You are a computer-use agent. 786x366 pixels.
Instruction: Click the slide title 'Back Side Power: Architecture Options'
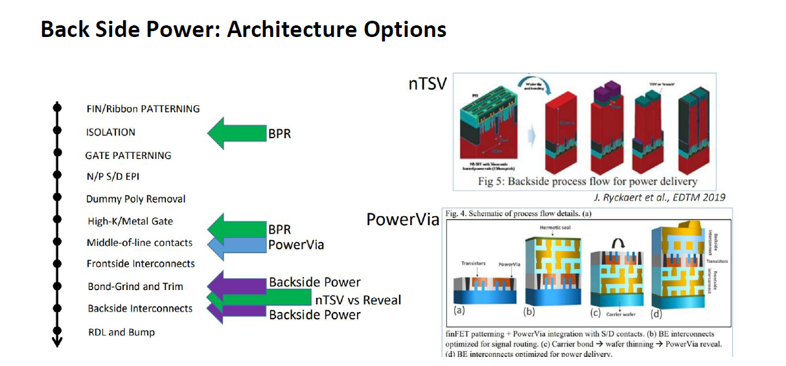click(x=243, y=30)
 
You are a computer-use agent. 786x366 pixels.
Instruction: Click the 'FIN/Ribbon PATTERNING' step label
click(x=143, y=109)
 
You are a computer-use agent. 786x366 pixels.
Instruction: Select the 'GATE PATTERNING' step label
click(x=128, y=156)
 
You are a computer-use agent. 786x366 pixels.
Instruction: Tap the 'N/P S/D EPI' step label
click(x=113, y=177)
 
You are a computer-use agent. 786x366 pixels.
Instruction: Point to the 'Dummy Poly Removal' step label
click(x=135, y=199)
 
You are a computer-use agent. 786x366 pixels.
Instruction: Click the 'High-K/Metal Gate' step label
click(x=130, y=221)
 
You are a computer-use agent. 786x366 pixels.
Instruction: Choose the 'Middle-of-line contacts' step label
click(x=139, y=243)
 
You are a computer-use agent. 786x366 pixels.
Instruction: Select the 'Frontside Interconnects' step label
click(x=141, y=264)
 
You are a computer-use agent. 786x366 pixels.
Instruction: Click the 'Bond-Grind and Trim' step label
click(x=135, y=287)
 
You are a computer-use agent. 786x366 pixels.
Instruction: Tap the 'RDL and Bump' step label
click(x=121, y=332)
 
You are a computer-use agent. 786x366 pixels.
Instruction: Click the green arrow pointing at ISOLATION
click(x=236, y=134)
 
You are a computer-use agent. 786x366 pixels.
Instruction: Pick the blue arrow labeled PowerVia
click(x=236, y=245)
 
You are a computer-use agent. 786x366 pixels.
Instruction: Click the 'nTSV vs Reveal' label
click(x=358, y=300)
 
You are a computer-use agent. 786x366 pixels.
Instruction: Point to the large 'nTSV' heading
click(x=427, y=84)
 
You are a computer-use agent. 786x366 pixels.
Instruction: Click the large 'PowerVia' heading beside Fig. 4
click(x=402, y=220)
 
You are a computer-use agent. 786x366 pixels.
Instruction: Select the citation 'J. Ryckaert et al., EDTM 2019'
click(x=660, y=197)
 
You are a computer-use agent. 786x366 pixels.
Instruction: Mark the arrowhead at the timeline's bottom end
click(x=57, y=342)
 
